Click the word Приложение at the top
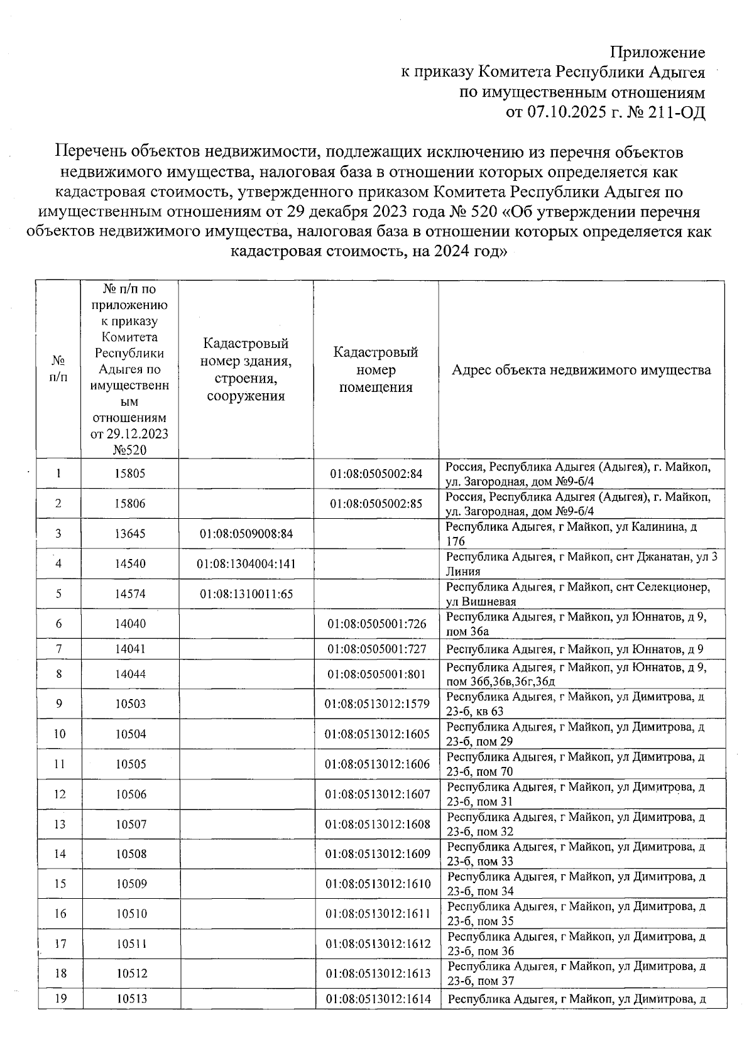pyautogui.click(x=658, y=53)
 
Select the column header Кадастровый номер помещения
pyautogui.click(x=376, y=369)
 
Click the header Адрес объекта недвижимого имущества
pyautogui.click(x=581, y=369)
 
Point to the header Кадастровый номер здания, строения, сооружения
pyautogui.click(x=246, y=369)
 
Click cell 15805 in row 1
pyautogui.click(x=130, y=474)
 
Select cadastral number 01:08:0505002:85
pyautogui.click(x=376, y=504)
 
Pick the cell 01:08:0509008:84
pyautogui.click(x=246, y=534)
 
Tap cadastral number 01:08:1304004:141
pyautogui.click(x=246, y=564)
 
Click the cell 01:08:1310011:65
pyautogui.click(x=246, y=594)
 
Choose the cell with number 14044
pyautogui.click(x=130, y=674)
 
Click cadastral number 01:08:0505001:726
pyautogui.click(x=376, y=624)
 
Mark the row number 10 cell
pyautogui.click(x=60, y=734)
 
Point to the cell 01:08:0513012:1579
pyautogui.click(x=377, y=703)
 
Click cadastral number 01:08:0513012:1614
pyautogui.click(x=378, y=998)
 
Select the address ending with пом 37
pyautogui.click(x=576, y=973)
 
